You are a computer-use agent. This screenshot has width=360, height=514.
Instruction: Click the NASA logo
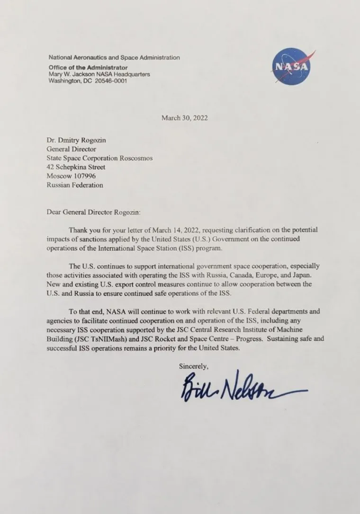point(291,66)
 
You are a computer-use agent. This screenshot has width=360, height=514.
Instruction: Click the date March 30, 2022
point(184,118)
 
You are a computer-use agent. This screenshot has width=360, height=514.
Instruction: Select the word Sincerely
point(193,365)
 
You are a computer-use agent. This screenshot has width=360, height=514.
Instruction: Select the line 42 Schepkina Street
point(76,167)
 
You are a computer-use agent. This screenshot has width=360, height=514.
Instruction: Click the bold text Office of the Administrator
point(88,68)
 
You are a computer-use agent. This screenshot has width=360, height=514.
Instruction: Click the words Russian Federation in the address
point(74,185)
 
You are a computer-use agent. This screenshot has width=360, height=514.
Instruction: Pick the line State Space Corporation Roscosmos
point(99,158)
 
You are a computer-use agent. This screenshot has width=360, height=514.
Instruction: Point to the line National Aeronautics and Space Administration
point(114,57)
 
